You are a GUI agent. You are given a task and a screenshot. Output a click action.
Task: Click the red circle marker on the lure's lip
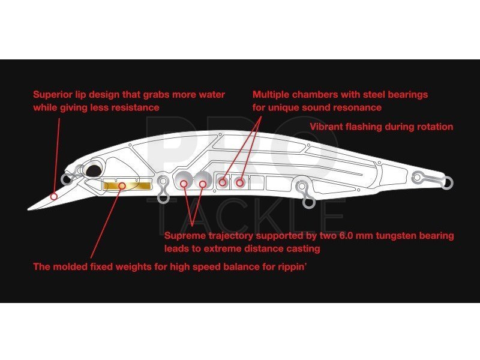[x=54, y=197]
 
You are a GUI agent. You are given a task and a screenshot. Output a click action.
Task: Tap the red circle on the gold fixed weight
[x=122, y=185]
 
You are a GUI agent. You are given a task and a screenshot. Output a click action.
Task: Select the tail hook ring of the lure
[x=447, y=183]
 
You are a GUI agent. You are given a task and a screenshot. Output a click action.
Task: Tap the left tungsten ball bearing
[x=184, y=181]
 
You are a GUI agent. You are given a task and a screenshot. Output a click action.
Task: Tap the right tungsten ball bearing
[x=202, y=181]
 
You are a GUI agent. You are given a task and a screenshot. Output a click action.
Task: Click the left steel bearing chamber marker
[x=223, y=183]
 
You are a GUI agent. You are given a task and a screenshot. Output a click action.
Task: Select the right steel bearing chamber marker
[x=239, y=183]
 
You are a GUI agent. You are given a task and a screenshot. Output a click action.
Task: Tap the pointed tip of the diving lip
[x=28, y=209]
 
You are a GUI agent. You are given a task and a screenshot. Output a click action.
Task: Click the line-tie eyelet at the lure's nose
[x=66, y=179]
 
